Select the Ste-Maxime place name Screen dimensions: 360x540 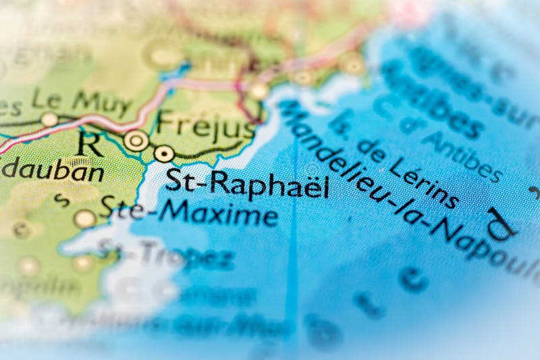point(189,212)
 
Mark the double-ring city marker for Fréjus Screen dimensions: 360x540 point(136,140)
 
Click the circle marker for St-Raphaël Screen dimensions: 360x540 point(164,153)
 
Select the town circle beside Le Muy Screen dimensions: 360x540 point(49,120)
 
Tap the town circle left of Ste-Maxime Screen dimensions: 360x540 point(85,218)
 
